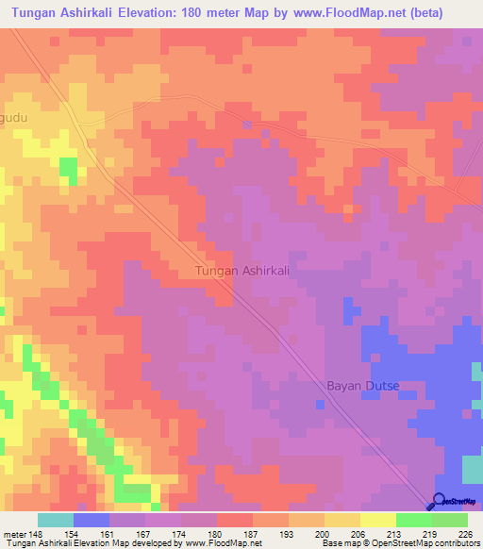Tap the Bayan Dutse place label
pos(363,387)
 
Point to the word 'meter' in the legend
pos(16,535)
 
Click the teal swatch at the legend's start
pos(56,520)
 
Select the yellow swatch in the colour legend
pos(377,520)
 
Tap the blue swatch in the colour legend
pos(92,520)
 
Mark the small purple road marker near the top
pos(247,125)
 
